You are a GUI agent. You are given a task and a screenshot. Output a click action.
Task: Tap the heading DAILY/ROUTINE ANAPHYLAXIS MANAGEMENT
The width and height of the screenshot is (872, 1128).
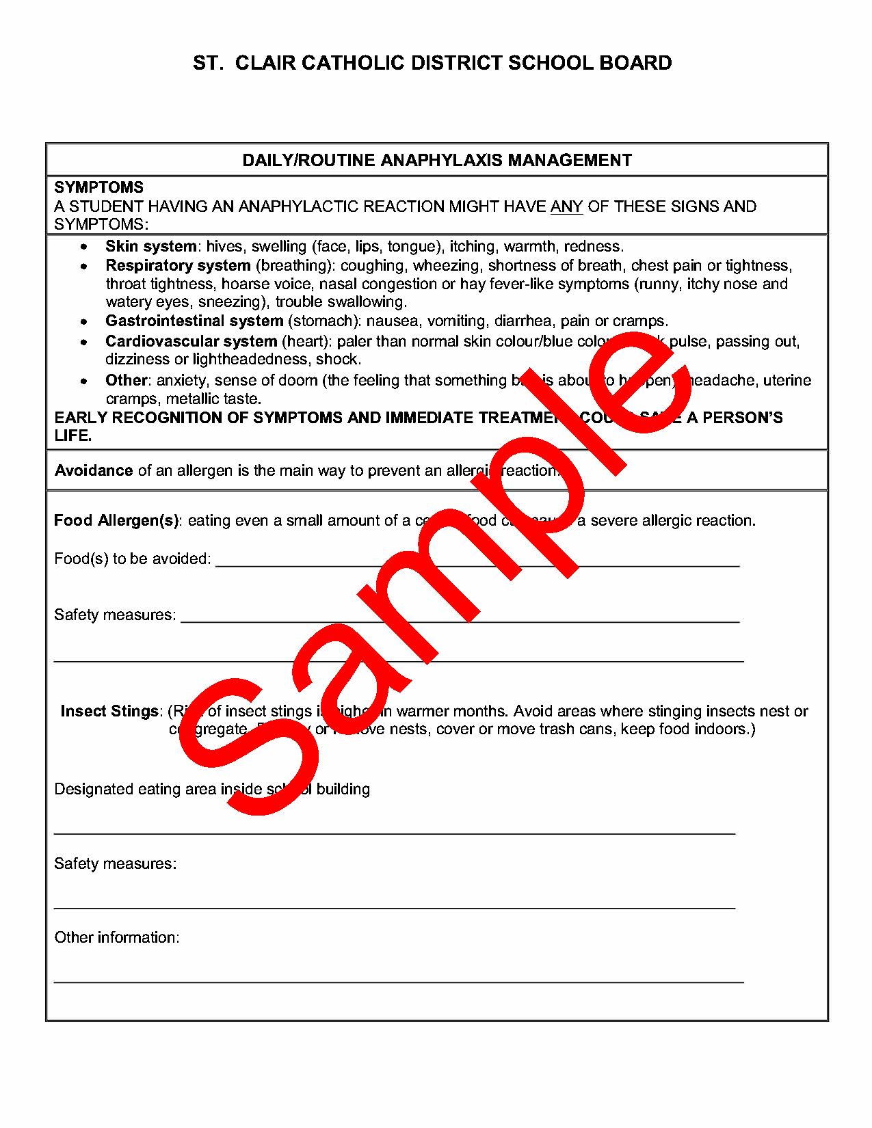pyautogui.click(x=437, y=160)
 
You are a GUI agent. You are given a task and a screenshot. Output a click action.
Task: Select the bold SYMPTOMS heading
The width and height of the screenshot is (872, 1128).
pyautogui.click(x=99, y=187)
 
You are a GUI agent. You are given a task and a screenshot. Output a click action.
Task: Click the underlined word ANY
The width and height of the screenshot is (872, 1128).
pyautogui.click(x=566, y=206)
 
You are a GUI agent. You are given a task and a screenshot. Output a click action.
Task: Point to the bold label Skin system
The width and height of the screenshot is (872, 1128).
pyautogui.click(x=151, y=246)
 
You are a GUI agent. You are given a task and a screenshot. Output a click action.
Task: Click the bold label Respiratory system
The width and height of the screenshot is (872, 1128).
pyautogui.click(x=178, y=265)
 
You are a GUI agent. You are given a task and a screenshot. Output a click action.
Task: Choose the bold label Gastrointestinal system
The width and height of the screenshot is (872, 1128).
pyautogui.click(x=194, y=321)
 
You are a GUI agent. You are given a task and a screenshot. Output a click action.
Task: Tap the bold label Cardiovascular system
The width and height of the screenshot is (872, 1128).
pyautogui.click(x=191, y=341)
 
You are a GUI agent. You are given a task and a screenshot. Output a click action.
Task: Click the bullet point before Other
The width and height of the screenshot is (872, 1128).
pyautogui.click(x=84, y=381)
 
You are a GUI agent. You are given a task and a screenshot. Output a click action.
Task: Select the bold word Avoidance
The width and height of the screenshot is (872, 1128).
pyautogui.click(x=94, y=470)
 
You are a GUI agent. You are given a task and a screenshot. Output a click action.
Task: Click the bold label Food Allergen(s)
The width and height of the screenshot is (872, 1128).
pyautogui.click(x=116, y=520)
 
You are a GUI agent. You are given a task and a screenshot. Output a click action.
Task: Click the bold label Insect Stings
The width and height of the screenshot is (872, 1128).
pyautogui.click(x=109, y=711)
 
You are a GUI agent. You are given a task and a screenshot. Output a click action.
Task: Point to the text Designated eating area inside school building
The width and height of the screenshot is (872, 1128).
pyautogui.click(x=212, y=789)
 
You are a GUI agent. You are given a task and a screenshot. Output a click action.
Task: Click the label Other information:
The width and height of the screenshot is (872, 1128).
pyautogui.click(x=117, y=937)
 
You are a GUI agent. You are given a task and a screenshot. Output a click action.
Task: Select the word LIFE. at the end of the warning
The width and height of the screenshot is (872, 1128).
pyautogui.click(x=73, y=435)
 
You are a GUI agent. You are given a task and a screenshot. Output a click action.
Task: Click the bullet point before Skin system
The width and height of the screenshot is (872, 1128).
pyautogui.click(x=84, y=247)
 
